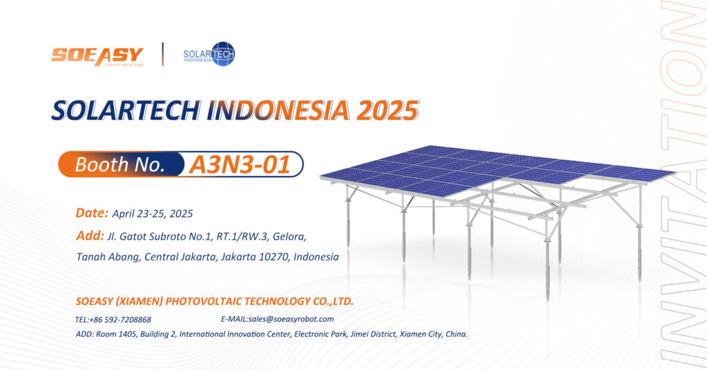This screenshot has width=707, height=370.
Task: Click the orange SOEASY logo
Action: coord(97,57)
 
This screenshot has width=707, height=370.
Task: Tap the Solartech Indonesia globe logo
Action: coord(209,54)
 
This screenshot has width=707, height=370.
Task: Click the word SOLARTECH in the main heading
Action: coord(126,110)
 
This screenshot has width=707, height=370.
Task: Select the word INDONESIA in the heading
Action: coord(278,110)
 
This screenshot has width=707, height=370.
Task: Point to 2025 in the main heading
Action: coord(387,110)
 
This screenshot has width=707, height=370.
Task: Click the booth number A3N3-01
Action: coord(240,164)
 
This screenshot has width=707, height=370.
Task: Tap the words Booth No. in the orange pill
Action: coord(120,164)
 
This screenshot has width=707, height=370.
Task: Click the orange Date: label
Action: coord(92,213)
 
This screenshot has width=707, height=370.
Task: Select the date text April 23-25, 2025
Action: coord(153,213)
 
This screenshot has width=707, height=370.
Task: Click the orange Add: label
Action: coord(90,235)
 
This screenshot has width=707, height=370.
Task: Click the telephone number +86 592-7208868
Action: coord(120,320)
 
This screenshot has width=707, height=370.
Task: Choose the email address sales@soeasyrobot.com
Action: coord(291,319)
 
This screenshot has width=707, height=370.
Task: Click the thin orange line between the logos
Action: coord(163,54)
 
